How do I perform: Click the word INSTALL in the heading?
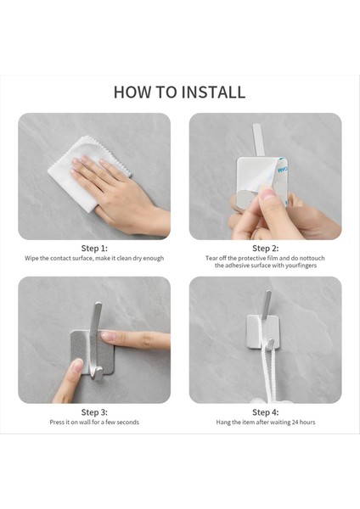[x=213, y=92]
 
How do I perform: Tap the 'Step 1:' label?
[x=94, y=249]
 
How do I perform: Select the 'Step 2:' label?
[x=266, y=249]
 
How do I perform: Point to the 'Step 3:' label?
[x=94, y=412]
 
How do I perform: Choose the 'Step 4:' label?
[x=266, y=412]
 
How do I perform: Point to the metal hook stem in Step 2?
[x=258, y=140]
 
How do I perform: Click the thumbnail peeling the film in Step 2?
[x=267, y=193]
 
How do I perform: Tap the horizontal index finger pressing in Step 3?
[x=137, y=340]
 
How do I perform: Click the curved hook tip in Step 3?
[x=97, y=373]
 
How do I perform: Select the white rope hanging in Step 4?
[x=271, y=373]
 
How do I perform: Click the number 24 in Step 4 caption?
[x=295, y=422]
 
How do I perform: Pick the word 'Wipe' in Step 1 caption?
[x=31, y=259]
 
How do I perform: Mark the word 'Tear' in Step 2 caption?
[x=211, y=259]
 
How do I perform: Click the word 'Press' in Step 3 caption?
[x=57, y=422]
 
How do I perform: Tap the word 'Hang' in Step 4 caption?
[x=223, y=422]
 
